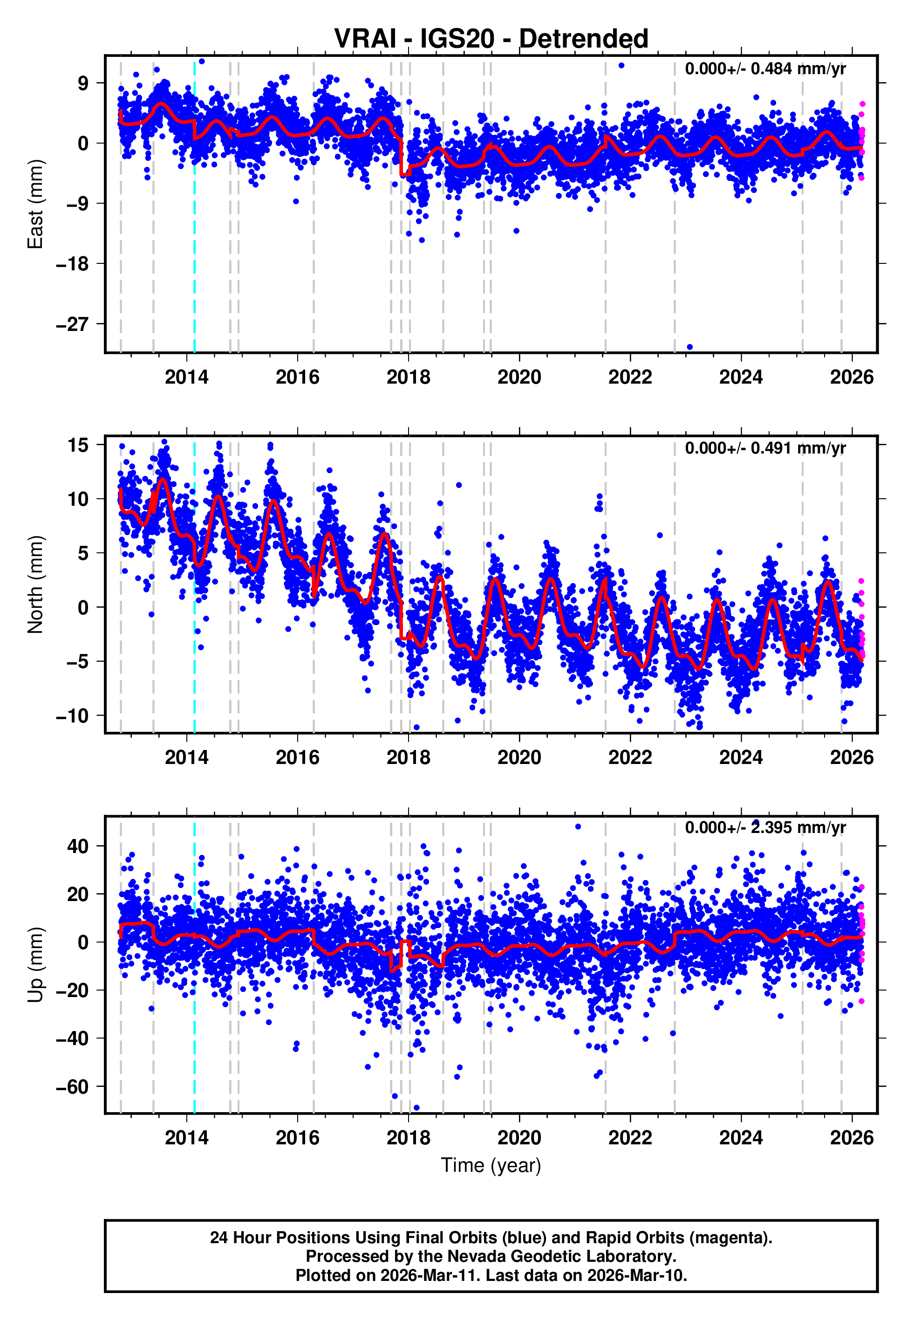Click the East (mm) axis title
tap(35, 204)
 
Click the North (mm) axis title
tap(35, 585)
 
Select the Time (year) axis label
tap(491, 1165)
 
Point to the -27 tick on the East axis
tap(72, 324)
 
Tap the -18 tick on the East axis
tap(72, 264)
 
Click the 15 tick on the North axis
tap(78, 445)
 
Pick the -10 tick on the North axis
tap(72, 716)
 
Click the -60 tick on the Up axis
tap(72, 1087)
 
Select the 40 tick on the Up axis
tap(78, 846)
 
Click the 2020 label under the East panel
tap(519, 378)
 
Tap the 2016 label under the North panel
tap(297, 757)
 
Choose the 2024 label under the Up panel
tap(741, 1137)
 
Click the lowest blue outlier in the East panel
tap(689, 347)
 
